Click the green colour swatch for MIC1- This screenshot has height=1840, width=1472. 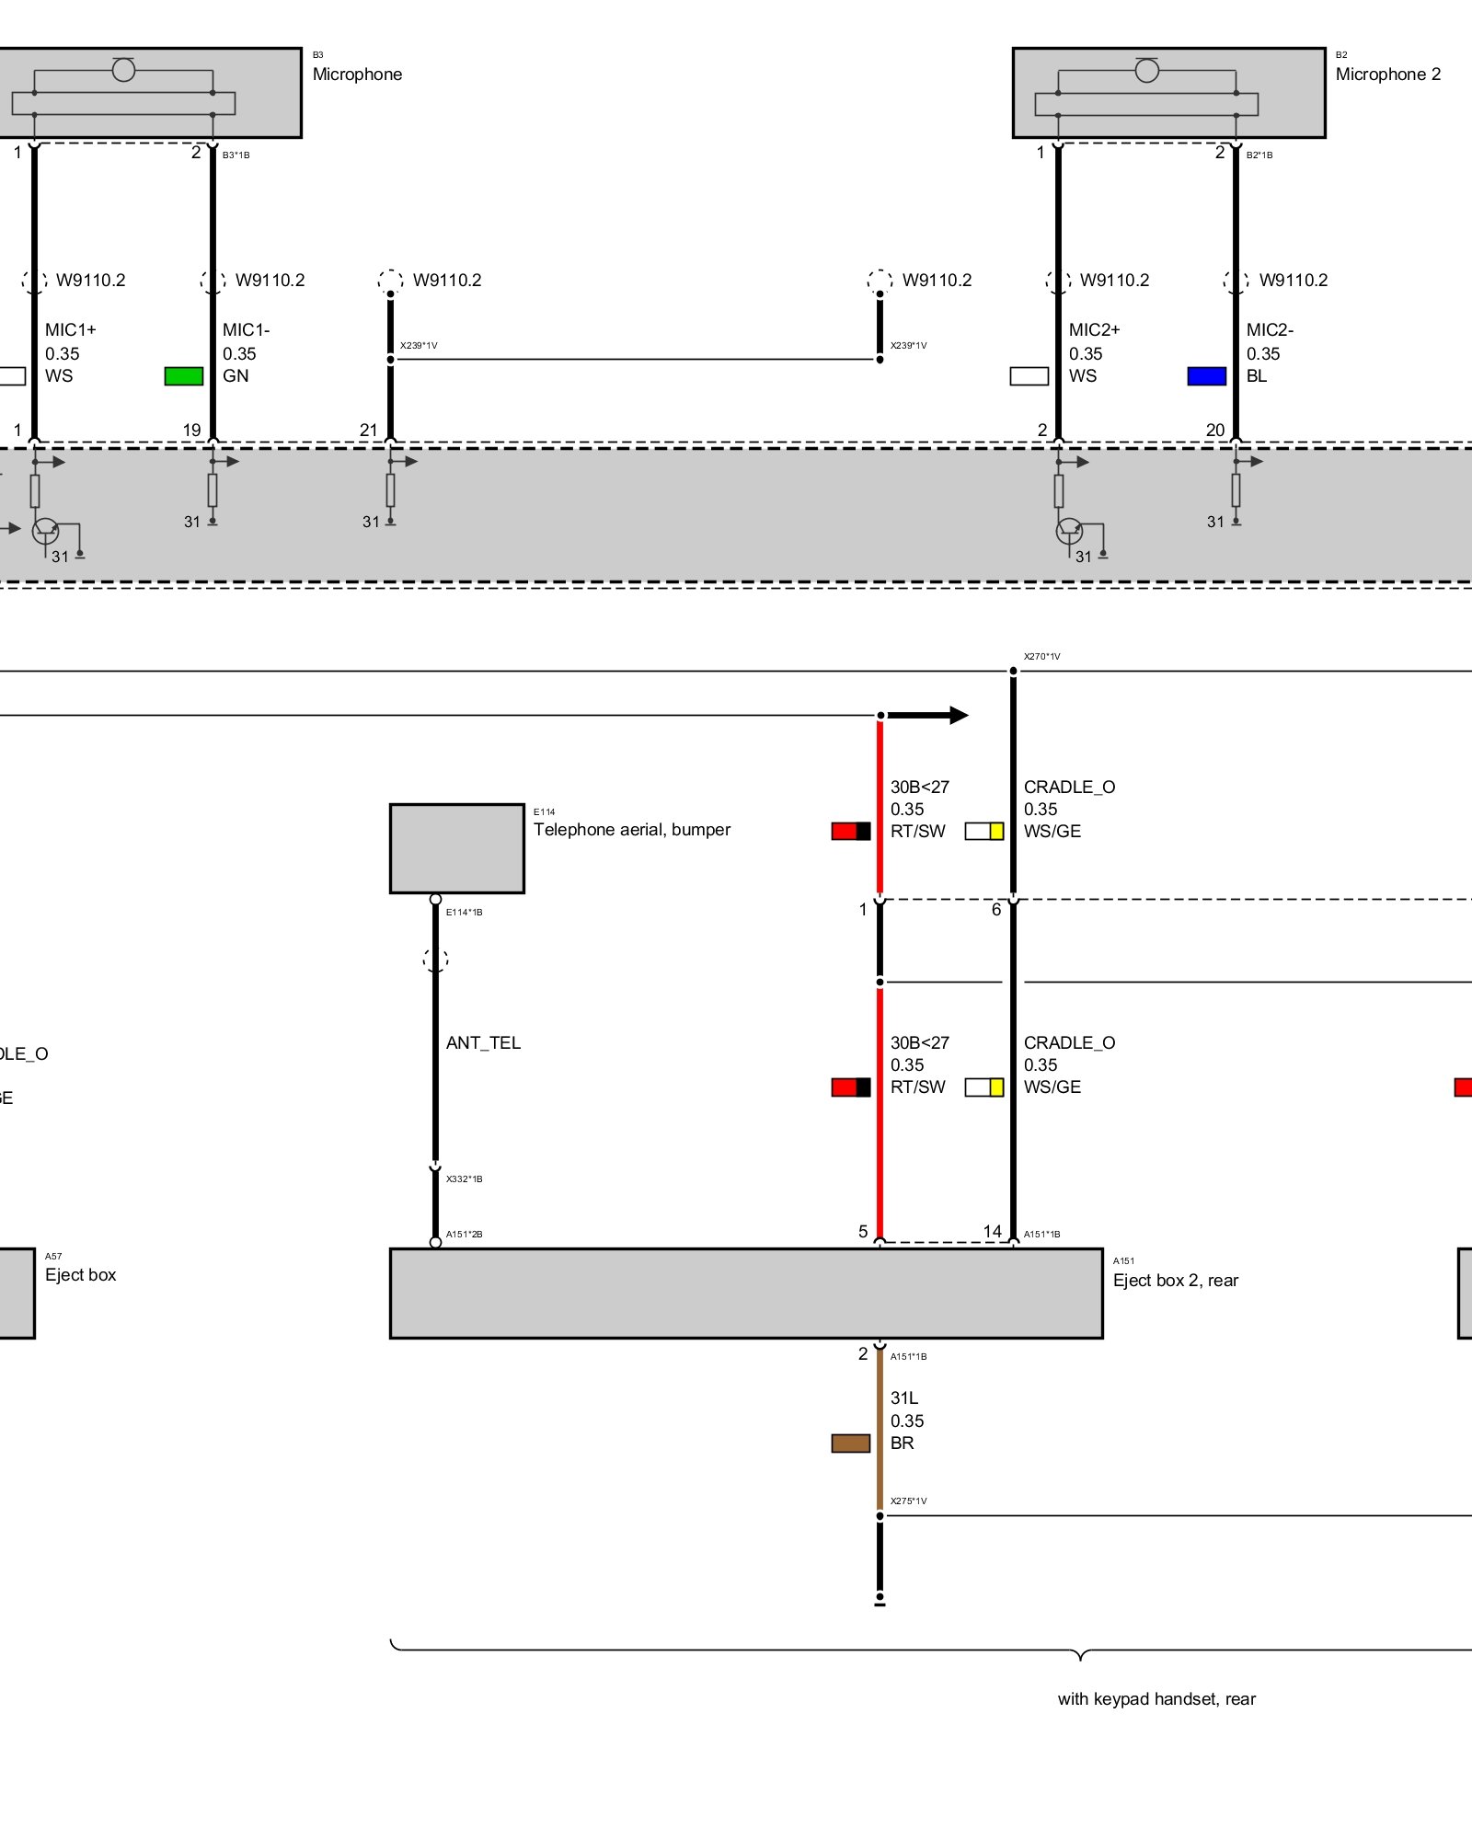tap(183, 375)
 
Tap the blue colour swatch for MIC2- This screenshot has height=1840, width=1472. tap(1206, 375)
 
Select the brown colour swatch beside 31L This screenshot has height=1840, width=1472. tap(850, 1443)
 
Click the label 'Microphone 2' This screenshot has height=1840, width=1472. tap(1387, 75)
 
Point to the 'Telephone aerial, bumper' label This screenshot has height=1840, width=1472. tap(631, 830)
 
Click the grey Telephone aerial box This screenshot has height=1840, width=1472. tap(456, 848)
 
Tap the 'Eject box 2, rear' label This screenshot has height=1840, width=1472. tap(1175, 1281)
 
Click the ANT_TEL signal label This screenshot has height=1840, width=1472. tap(483, 1043)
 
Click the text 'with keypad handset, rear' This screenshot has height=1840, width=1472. tap(1156, 1699)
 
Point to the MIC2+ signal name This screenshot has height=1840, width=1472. tap(1094, 329)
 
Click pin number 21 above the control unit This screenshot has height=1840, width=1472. tap(369, 430)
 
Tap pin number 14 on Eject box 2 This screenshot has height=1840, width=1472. tap(992, 1231)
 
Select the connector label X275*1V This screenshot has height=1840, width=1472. tap(908, 1501)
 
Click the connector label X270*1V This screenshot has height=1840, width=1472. tap(1041, 657)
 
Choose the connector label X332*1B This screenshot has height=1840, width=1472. tap(464, 1179)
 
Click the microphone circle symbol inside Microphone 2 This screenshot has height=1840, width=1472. tap(1146, 71)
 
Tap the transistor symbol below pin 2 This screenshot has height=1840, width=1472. tap(1069, 531)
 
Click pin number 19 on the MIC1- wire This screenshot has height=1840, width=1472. tap(191, 430)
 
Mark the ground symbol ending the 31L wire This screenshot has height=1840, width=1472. tap(880, 1602)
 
